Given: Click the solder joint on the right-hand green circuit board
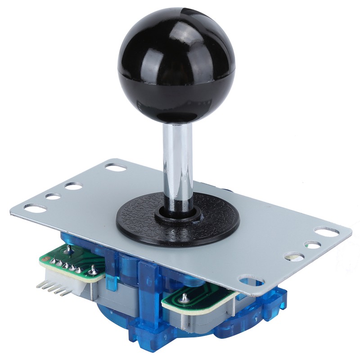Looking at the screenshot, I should (184, 297).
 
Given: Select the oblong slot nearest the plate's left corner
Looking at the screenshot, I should (35, 208).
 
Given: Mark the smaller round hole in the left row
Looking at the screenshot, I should (53, 197).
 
